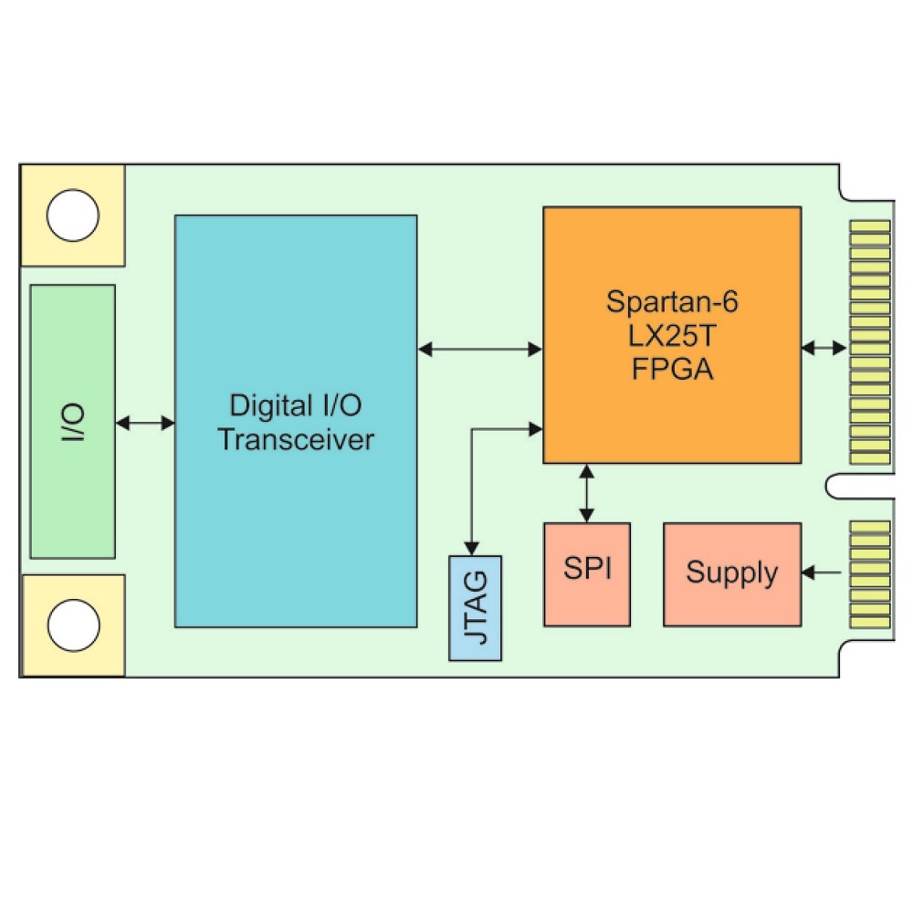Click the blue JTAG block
click(475, 607)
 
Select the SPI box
click(586, 573)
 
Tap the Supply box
click(731, 573)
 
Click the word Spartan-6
click(672, 302)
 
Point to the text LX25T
click(672, 336)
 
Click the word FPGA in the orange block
click(672, 370)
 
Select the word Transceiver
click(296, 439)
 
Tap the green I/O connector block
click(72, 421)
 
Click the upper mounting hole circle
click(72, 215)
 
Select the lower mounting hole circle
click(72, 625)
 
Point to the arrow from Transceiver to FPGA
click(480, 348)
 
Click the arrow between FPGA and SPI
click(586, 493)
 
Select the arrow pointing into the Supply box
click(822, 572)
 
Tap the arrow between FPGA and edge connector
click(824, 348)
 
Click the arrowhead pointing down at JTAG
click(471, 546)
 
